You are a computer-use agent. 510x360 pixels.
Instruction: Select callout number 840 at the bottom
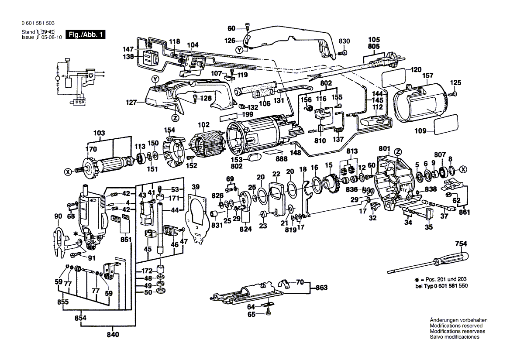(x=112, y=335)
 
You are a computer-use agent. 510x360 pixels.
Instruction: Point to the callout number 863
(x=321, y=288)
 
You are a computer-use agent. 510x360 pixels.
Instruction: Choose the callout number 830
(x=345, y=41)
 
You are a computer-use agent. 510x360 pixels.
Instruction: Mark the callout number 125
(x=455, y=82)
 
